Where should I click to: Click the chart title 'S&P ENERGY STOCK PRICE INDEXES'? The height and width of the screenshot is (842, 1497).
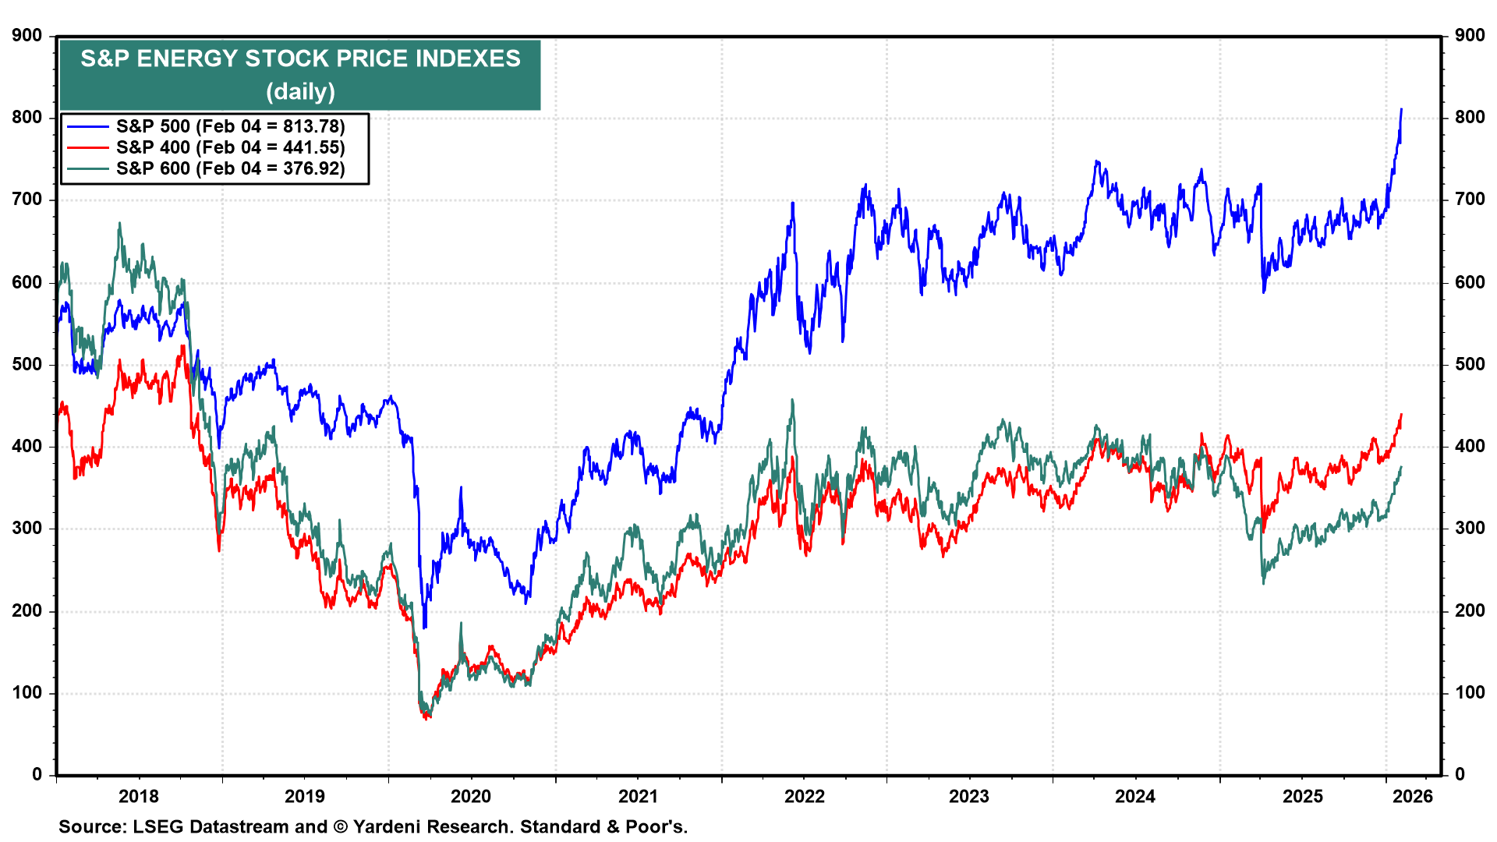300,59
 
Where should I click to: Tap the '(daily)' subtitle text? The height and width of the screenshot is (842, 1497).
300,92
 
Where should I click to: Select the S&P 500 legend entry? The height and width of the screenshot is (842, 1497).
230,126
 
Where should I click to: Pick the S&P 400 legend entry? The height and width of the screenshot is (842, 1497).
230,147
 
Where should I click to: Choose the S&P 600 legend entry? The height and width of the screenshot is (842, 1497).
230,168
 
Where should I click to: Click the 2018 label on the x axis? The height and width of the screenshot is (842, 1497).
139,796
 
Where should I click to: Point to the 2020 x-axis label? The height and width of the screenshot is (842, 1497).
471,796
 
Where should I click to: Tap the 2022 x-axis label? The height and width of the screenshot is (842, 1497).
804,796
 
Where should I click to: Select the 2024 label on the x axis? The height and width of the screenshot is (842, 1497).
1135,796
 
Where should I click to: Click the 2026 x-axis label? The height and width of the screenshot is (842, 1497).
1413,796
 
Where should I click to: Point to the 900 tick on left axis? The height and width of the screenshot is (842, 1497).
27,35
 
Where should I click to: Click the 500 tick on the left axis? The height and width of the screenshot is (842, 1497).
27,364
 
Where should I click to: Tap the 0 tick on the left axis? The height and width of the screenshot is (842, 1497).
37,774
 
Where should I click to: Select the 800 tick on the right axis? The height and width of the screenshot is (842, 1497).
1470,118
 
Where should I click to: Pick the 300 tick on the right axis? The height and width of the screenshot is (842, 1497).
1470,529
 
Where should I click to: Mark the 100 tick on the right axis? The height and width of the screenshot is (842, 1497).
1470,692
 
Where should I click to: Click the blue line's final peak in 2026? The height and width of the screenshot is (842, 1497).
1401,110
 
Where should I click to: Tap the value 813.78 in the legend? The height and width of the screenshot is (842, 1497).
313,126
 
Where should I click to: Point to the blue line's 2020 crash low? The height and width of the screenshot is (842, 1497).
424,627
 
